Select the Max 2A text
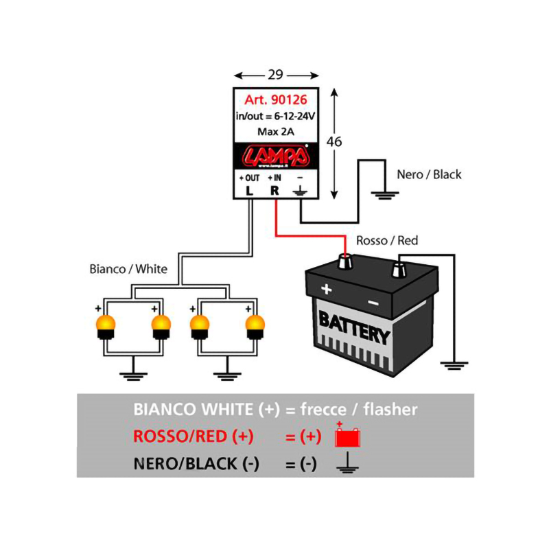tap(274, 131)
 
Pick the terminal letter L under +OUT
tap(249, 191)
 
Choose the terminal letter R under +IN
tap(274, 191)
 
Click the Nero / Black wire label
tap(429, 174)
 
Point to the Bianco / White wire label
tap(128, 269)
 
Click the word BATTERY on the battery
tap(354, 325)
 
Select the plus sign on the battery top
tap(327, 290)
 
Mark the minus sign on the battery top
tap(373, 302)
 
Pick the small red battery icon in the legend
tap(347, 437)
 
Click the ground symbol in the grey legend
tap(347, 464)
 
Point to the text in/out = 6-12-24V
tap(274, 116)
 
